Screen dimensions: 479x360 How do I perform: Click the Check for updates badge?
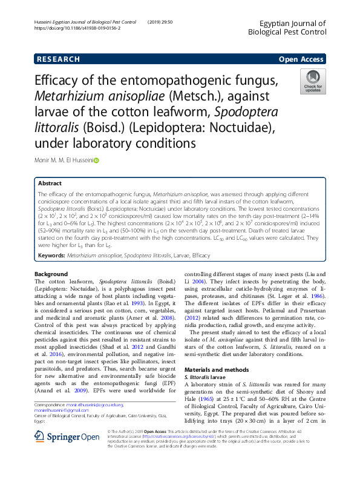point(313,81)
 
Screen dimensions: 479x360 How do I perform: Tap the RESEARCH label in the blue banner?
point(58,59)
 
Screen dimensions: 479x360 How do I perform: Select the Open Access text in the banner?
point(301,59)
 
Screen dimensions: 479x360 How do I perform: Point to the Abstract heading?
point(50,183)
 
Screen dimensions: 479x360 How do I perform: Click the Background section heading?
point(51,274)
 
